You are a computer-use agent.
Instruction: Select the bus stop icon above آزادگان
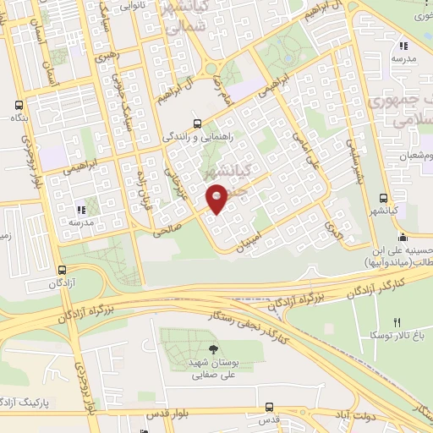(62, 270)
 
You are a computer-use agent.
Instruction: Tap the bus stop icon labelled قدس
(269, 407)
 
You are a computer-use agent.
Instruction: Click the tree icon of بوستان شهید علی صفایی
(212, 349)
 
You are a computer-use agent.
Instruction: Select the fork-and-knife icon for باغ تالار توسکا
(397, 321)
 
